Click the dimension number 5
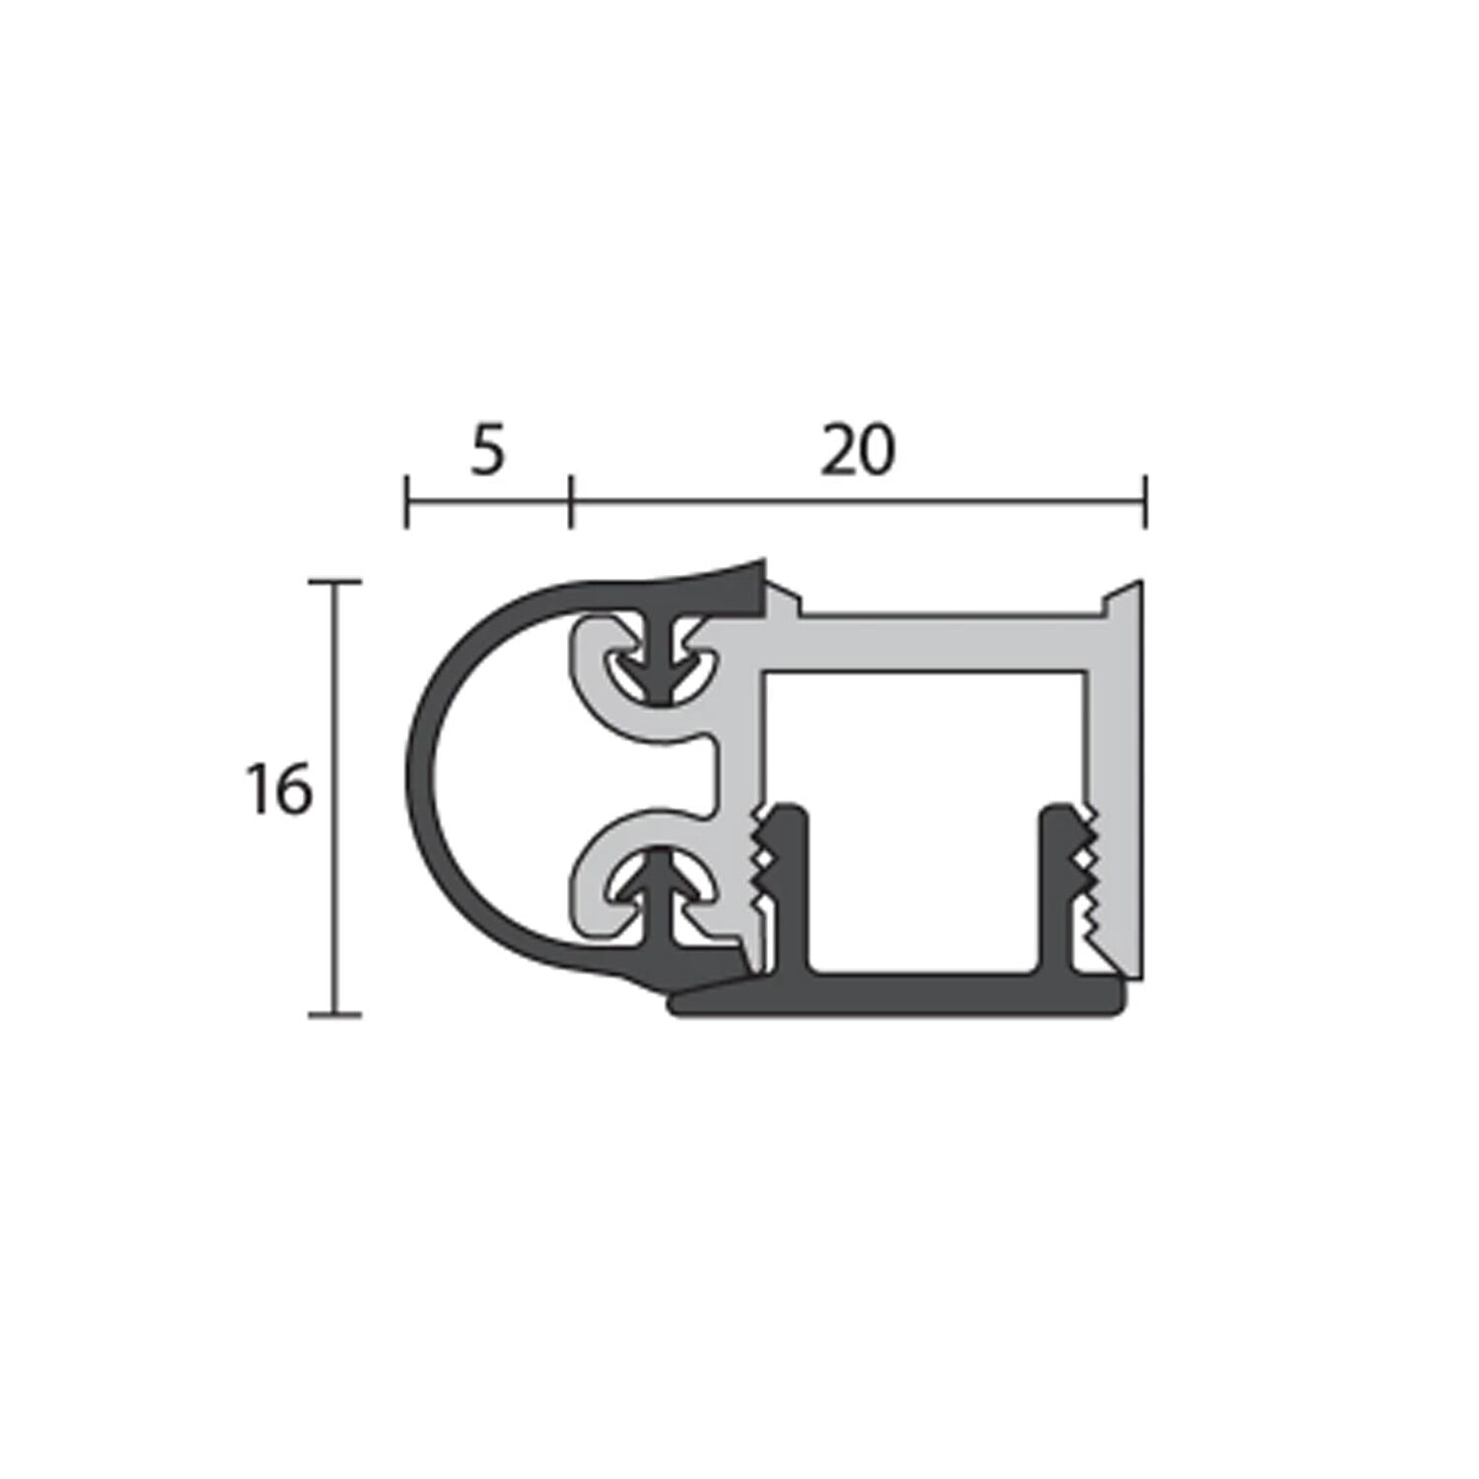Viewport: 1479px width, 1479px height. (487, 451)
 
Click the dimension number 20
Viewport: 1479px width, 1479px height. (858, 451)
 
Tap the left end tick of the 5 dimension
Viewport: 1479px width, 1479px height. (406, 501)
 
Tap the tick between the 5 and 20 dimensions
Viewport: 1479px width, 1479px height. (570, 501)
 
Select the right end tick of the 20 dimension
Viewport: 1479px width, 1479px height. (1144, 501)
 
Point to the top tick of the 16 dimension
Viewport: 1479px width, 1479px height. (334, 583)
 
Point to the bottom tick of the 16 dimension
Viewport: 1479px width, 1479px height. (334, 1014)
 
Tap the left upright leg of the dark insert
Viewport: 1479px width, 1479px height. (791, 887)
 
